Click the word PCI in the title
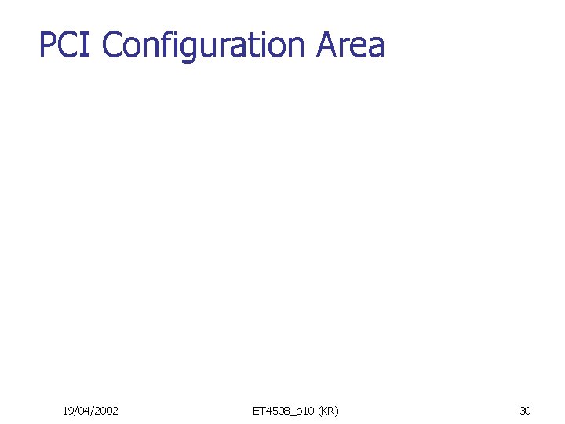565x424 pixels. pos(67,45)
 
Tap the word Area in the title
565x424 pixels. pos(351,45)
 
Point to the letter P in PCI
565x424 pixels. pos(46,45)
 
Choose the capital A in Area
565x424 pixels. pos(330,45)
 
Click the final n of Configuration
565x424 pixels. pos(300,47)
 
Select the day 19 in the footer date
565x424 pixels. pos(68,411)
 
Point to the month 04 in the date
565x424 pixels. pos(83,411)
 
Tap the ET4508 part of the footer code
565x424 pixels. pos(269,411)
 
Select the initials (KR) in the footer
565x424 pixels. pos(328,411)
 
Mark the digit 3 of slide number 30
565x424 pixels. pos(523,411)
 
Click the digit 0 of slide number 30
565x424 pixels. pos(528,411)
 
